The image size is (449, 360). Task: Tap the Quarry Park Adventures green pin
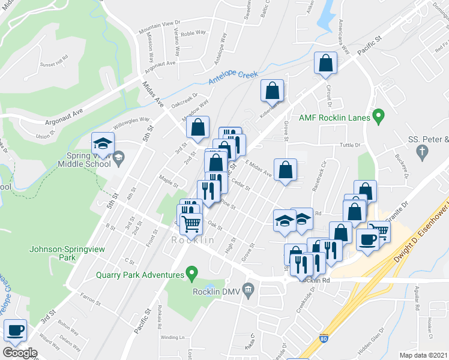click(191, 275)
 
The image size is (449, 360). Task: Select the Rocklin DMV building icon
click(249, 292)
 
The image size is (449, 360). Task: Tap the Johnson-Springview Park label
click(55, 253)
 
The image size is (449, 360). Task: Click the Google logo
click(20, 353)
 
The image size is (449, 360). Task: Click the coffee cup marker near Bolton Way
click(15, 329)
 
